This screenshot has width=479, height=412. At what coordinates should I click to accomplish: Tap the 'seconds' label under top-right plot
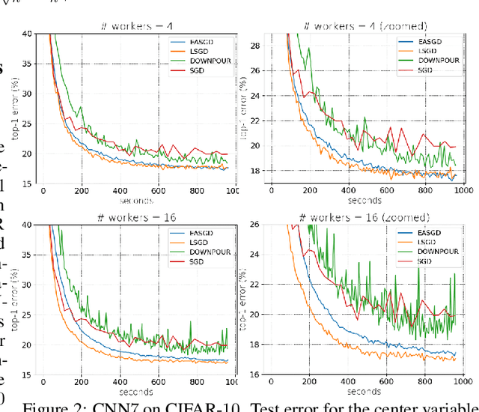363,201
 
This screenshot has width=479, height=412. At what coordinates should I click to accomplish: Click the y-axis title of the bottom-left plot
10,300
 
